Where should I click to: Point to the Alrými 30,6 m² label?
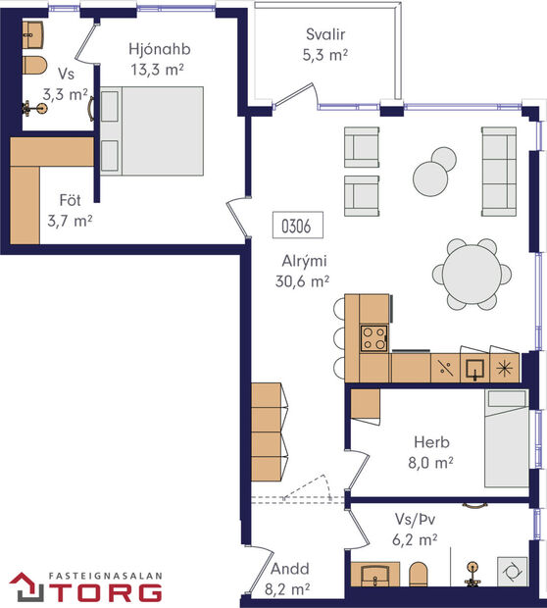point(302,271)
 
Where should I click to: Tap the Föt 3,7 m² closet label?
point(69,213)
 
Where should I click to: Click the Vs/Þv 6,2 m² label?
point(413,531)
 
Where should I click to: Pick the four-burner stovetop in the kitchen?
point(373,338)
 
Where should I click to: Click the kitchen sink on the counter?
point(473,369)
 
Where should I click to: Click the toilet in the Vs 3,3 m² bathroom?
point(33,69)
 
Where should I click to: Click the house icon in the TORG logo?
point(28,587)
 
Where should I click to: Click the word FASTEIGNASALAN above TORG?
point(108,576)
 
